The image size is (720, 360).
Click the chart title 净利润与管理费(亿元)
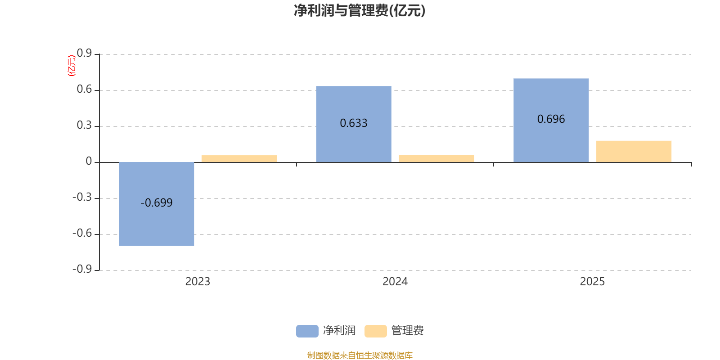360,11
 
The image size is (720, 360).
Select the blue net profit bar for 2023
157,204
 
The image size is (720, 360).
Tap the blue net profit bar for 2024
354,124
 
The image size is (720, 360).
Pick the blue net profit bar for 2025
551,120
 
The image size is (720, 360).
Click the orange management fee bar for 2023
239,159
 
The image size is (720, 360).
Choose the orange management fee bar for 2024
436,159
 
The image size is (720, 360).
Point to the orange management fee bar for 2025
634,151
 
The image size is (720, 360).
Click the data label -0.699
157,203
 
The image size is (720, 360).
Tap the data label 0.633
354,123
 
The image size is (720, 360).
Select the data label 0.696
551,119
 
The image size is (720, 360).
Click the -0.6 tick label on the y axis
82,233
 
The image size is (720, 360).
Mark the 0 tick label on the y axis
89,161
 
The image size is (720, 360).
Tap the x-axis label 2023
198,282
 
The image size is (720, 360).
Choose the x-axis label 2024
395,282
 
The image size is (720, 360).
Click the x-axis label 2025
592,282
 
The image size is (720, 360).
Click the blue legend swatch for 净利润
307,331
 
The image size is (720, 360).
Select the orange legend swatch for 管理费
376,331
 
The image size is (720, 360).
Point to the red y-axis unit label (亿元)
72,66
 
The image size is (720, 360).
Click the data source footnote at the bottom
360,355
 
